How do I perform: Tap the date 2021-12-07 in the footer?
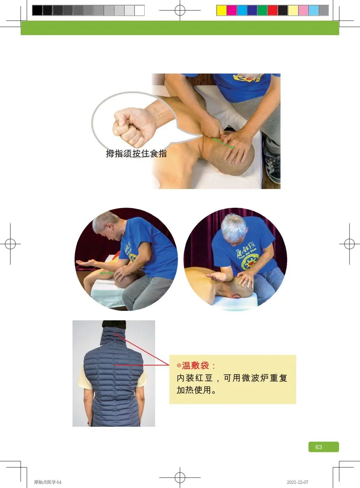[297, 482]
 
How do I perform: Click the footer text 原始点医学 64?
[48, 482]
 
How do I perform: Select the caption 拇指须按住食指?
[136, 153]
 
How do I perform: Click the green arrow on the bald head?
[223, 143]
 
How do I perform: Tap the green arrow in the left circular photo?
[106, 273]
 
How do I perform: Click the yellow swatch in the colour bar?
[221, 11]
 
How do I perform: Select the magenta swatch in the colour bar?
[231, 11]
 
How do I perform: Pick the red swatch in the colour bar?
[272, 11]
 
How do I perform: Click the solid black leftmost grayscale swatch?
[37, 11]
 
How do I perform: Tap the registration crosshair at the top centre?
[180, 11]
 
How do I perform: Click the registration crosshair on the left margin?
[11, 244]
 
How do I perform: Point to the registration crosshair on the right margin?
[349, 244]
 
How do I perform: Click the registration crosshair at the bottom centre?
[180, 477]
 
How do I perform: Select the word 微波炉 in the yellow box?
[255, 378]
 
